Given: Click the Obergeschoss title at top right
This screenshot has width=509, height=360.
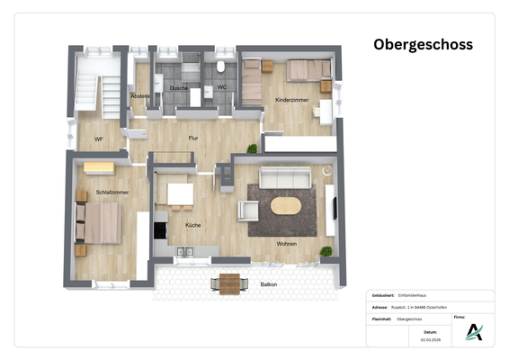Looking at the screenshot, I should (423, 44).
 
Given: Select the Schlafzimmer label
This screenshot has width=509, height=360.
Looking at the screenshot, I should (112, 193).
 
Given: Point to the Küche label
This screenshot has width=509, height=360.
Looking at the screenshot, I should (192, 225).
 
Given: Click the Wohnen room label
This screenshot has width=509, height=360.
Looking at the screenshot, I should (287, 243).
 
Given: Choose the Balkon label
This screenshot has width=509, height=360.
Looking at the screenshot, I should (268, 284).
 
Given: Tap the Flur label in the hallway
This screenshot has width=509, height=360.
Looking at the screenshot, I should (192, 138).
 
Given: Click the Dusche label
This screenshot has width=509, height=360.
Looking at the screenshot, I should (178, 87).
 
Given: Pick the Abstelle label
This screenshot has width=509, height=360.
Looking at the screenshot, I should (140, 95).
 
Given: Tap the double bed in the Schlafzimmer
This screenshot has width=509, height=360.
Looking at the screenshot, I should (98, 221).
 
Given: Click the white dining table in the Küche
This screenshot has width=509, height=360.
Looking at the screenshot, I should (180, 193).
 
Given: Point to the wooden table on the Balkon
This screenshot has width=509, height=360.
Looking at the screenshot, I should (230, 283).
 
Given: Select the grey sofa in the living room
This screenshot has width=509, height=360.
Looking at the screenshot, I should (285, 177).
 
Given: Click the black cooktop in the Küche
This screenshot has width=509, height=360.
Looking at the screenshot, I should (160, 229).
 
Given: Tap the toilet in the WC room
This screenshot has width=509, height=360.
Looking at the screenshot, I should (221, 67).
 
